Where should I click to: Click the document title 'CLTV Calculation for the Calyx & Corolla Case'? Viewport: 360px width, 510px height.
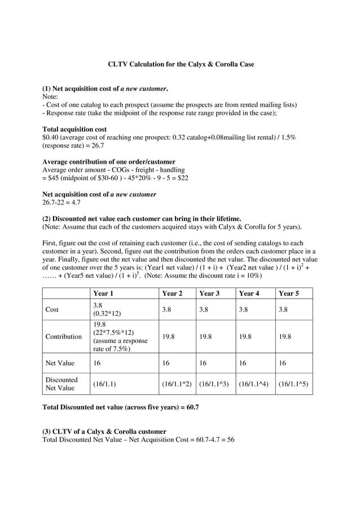point(181,64)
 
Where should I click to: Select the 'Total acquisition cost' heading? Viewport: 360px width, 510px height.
point(74,129)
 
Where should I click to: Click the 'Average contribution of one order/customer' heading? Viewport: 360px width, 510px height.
point(109,162)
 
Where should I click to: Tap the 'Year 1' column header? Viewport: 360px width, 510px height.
point(103,293)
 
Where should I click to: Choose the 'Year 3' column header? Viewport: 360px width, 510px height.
point(209,293)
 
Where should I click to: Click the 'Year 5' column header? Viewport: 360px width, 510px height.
point(288,293)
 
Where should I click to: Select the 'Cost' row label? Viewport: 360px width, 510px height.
point(52,310)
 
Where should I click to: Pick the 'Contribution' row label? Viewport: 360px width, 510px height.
point(63,337)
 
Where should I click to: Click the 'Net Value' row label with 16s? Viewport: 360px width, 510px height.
point(59,363)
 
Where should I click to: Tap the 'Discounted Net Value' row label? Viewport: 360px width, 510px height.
point(61,384)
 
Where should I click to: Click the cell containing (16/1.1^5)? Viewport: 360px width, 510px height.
point(293,384)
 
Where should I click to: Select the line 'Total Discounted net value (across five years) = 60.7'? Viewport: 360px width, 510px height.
point(121,407)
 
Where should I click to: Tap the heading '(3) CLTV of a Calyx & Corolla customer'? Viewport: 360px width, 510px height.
point(104,431)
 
